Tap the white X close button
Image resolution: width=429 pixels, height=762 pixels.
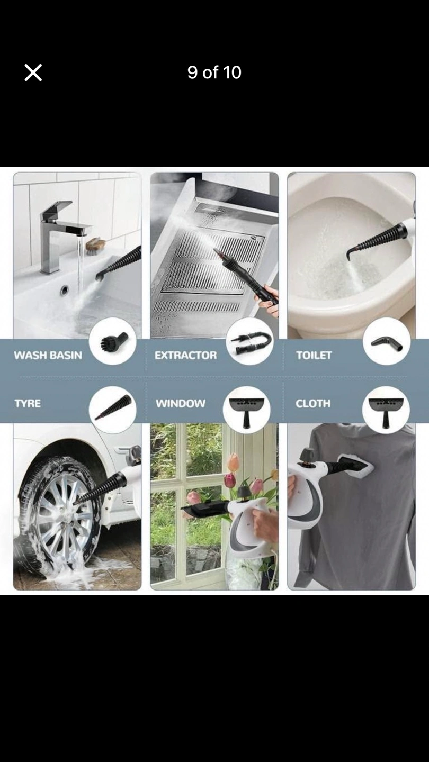[33, 72]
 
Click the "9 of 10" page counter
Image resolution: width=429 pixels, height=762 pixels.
[214, 72]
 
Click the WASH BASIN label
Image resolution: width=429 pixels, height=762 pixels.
[48, 355]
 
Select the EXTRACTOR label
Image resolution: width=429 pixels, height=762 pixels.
[185, 355]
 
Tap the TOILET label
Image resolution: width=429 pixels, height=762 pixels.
[314, 355]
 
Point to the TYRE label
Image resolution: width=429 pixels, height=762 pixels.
[28, 403]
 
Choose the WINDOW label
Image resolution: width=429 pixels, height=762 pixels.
[181, 403]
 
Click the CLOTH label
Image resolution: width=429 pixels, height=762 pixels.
[313, 403]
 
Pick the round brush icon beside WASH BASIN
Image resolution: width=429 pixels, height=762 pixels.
[113, 341]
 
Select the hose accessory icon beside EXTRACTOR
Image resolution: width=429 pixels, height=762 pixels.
[249, 341]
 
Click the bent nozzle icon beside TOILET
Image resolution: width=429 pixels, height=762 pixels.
[387, 341]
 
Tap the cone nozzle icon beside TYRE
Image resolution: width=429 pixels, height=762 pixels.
[113, 410]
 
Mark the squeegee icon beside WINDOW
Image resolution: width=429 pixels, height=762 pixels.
[246, 410]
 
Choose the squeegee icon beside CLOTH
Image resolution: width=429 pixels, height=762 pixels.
[386, 410]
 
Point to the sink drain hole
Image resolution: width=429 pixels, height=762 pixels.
[65, 290]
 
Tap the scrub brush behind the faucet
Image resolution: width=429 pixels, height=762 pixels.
[95, 246]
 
